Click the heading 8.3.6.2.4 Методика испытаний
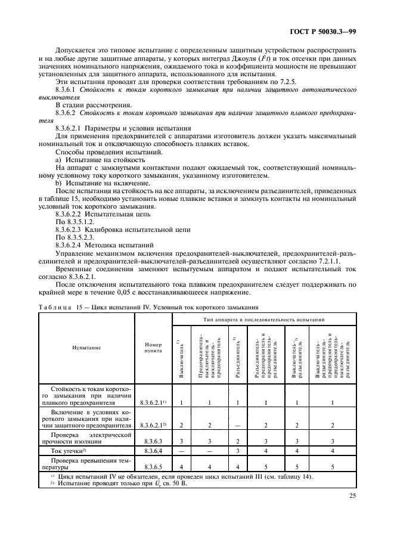106,245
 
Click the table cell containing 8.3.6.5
153,466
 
